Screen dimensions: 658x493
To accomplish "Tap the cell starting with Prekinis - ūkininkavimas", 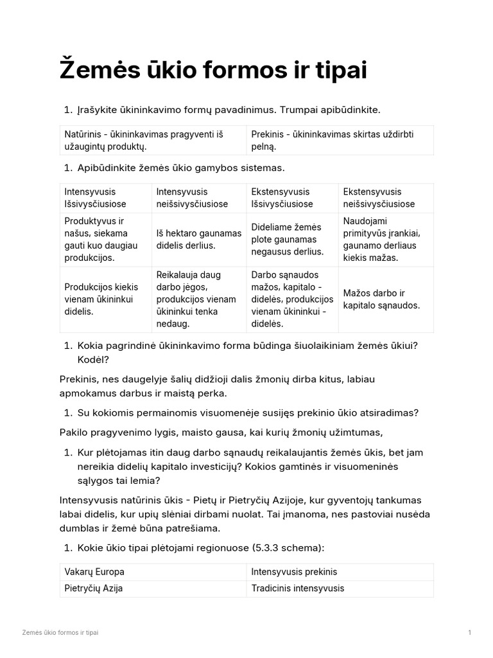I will coord(340,139).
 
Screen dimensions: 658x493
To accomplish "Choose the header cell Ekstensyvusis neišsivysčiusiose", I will coord(385,198).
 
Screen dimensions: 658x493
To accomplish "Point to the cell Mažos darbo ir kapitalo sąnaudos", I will coord(385,299).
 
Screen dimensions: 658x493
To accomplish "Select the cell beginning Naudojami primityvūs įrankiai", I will coord(385,239).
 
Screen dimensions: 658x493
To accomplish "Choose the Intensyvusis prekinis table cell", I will coord(340,571).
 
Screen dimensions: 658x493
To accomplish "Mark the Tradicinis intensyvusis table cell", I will coord(340,588).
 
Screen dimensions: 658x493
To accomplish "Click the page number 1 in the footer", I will coord(470,633).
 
